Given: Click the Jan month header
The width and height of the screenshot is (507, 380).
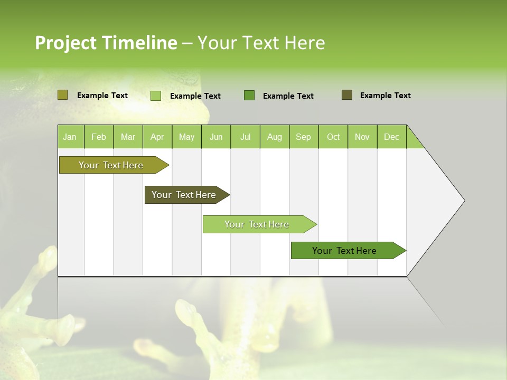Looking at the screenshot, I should (x=70, y=137).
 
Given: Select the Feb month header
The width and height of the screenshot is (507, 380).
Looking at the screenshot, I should (x=99, y=137).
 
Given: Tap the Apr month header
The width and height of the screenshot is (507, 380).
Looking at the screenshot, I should (x=157, y=137).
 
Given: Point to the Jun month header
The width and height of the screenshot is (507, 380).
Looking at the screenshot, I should (x=216, y=137).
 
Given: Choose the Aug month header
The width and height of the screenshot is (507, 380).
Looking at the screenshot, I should (x=274, y=137).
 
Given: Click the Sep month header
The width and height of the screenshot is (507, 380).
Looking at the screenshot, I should (x=303, y=137).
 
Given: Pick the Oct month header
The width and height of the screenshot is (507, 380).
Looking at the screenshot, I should (x=333, y=137).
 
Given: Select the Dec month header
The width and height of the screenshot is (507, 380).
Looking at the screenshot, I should (x=391, y=137).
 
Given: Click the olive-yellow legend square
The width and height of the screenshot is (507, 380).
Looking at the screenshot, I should (x=62, y=95).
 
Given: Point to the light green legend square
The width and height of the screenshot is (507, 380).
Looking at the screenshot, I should (x=156, y=96).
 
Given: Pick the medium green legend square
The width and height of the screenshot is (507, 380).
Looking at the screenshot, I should (x=249, y=96).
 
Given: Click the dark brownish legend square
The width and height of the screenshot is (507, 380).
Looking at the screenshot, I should (x=347, y=95).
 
